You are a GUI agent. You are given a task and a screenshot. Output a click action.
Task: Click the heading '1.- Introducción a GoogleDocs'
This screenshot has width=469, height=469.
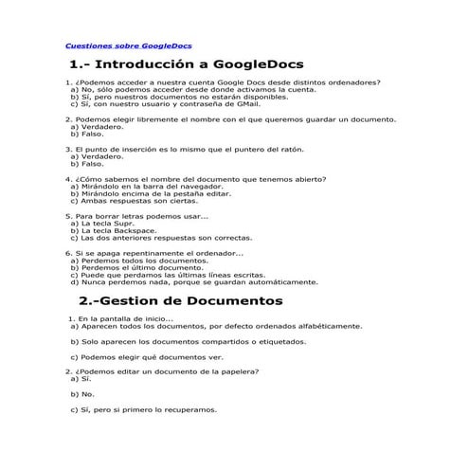[x=186, y=64]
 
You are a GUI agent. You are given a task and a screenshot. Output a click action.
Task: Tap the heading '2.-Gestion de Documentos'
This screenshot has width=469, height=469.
[x=180, y=301]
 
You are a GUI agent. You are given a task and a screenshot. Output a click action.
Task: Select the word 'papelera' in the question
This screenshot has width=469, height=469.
[x=238, y=372]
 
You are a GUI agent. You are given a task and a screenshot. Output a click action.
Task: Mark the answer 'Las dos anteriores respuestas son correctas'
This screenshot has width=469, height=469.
[x=162, y=238]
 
